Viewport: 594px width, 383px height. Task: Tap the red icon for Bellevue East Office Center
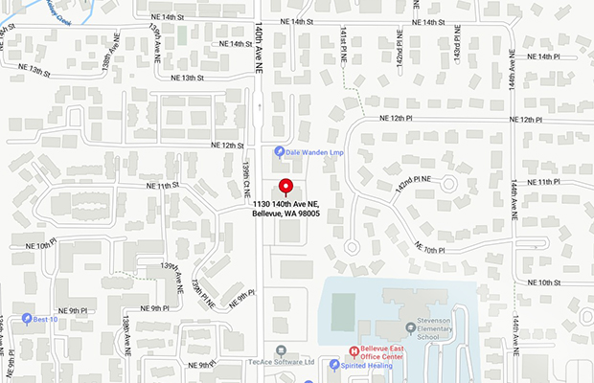pos(353,350)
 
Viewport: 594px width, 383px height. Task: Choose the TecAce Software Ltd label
pos(282,363)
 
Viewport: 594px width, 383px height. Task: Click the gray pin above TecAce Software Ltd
pos(281,349)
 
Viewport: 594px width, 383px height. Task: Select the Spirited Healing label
pos(373,365)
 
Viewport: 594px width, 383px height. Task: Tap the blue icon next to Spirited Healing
pos(333,365)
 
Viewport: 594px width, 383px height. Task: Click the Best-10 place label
pos(46,318)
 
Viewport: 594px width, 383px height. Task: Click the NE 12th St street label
pos(228,145)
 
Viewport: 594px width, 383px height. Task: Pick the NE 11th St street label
pos(163,185)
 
